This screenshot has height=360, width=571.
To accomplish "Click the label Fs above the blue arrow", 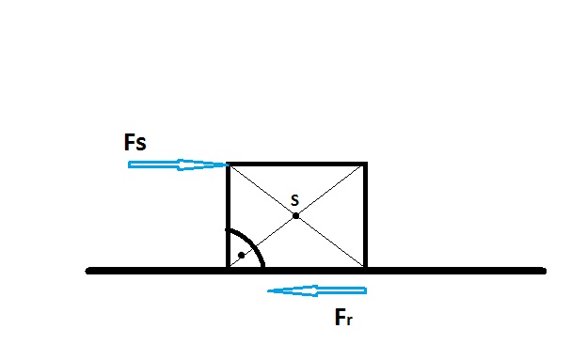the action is (x=135, y=142).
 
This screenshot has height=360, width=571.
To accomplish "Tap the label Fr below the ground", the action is (x=343, y=317).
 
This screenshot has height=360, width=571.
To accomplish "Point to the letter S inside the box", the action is (x=295, y=200).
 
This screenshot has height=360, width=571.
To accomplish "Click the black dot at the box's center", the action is (x=296, y=216).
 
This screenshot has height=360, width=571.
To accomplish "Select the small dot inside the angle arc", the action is (x=242, y=255).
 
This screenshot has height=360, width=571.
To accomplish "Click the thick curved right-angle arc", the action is (x=252, y=243).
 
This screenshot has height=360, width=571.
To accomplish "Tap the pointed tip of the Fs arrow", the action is (x=229, y=165).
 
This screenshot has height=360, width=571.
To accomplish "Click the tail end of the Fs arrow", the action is (x=129, y=164).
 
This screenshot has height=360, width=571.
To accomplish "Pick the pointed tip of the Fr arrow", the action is (x=268, y=290).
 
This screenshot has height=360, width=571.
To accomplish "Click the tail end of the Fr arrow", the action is (x=366, y=290).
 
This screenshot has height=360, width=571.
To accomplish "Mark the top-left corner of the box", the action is (x=228, y=164).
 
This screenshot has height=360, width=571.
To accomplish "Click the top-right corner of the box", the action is (x=366, y=164).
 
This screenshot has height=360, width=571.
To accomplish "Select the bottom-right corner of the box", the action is (x=366, y=269).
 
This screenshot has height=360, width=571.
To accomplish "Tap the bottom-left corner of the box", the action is (x=228, y=269).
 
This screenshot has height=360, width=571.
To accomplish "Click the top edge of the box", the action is (x=296, y=164).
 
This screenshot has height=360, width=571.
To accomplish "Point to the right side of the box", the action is (x=365, y=216).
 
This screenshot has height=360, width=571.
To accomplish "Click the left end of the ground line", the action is (x=87, y=271).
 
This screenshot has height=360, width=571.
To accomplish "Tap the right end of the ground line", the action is (x=544, y=271).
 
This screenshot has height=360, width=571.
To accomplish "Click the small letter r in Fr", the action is (x=349, y=320).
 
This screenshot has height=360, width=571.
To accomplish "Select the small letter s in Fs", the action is (x=141, y=144).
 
